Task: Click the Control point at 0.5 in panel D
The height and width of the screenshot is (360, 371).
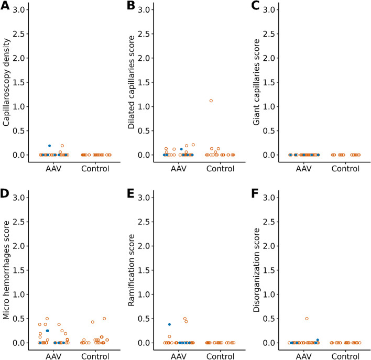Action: tap(104, 319)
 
